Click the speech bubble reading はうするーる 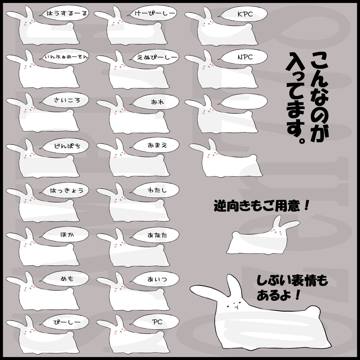point(65,13)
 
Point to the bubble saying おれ point(155,102)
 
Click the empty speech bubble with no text point(244,101)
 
